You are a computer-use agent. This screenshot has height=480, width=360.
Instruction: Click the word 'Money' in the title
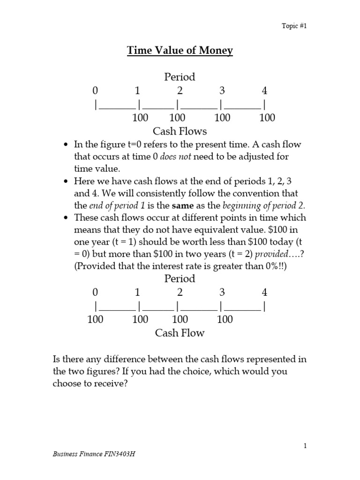click(214, 51)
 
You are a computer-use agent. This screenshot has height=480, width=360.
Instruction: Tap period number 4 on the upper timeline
click(264, 91)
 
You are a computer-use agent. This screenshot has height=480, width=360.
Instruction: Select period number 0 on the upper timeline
click(96, 91)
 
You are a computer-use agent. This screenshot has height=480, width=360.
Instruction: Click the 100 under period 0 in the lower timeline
click(96, 320)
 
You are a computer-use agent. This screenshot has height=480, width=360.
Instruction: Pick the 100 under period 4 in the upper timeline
click(267, 118)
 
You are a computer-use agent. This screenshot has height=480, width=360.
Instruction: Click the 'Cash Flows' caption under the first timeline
click(180, 131)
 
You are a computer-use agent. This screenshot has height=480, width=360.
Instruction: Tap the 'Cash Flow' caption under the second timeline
click(180, 333)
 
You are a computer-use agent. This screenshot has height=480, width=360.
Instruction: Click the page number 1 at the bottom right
click(305, 447)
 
